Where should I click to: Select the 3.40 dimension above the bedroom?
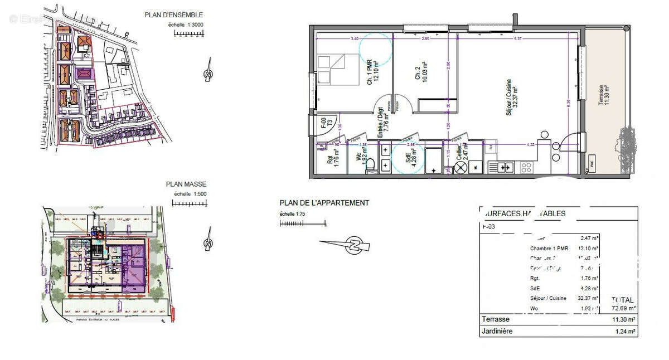355,38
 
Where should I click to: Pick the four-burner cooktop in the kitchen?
526,167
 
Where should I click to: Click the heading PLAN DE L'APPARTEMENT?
324,203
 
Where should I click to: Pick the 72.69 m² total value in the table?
624,308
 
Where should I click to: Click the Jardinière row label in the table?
500,332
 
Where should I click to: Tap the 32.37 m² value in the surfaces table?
589,298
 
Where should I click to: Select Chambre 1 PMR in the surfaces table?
549,249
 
